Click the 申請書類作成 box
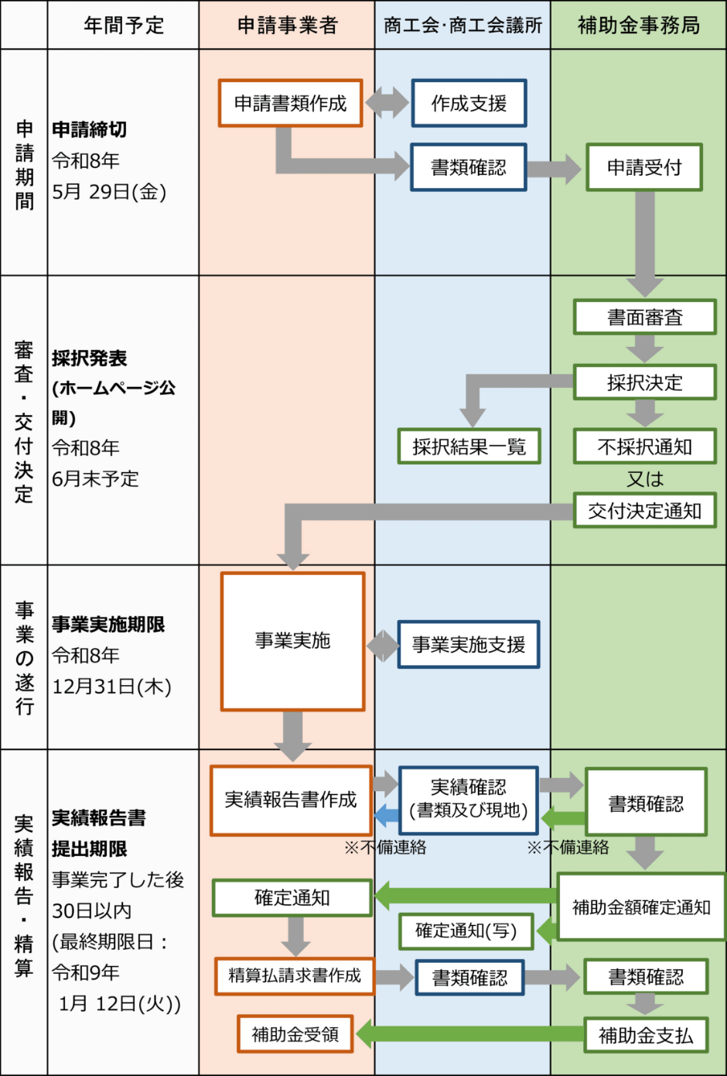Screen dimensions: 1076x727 click(290, 103)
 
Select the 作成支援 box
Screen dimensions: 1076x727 click(469, 103)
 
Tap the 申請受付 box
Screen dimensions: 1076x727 click(643, 167)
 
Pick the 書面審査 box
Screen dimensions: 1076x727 click(644, 317)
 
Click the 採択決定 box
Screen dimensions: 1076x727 click(644, 382)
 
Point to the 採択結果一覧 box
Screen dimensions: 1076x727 click(469, 447)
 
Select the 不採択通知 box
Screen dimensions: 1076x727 click(644, 447)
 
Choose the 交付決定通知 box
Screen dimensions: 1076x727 click(644, 511)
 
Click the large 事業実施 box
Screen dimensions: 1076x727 click(292, 641)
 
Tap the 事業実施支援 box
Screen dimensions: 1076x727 click(469, 644)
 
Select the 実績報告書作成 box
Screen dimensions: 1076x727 click(291, 800)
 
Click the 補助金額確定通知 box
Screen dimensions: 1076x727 click(641, 907)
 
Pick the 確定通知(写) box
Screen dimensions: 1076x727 click(466, 930)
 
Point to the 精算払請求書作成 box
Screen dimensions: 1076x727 click(295, 976)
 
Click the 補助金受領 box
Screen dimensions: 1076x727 click(295, 1034)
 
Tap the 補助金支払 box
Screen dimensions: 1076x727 click(646, 1036)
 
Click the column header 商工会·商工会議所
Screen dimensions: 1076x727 click(462, 26)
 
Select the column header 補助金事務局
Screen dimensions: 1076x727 click(638, 26)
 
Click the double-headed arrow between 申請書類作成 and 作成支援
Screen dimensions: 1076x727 click(387, 103)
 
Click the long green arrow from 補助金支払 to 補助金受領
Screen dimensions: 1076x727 click(469, 1033)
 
